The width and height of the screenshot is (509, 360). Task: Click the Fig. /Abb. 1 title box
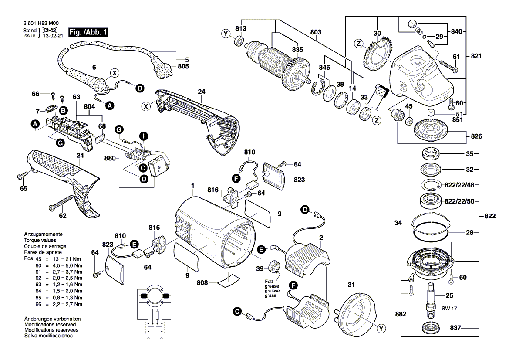[88, 32]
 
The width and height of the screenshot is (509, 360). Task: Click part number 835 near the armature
[297, 50]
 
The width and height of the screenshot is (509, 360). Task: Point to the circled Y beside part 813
[226, 34]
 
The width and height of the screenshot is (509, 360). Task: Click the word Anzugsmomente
[44, 234]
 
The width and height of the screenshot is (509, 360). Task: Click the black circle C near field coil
[236, 311]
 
